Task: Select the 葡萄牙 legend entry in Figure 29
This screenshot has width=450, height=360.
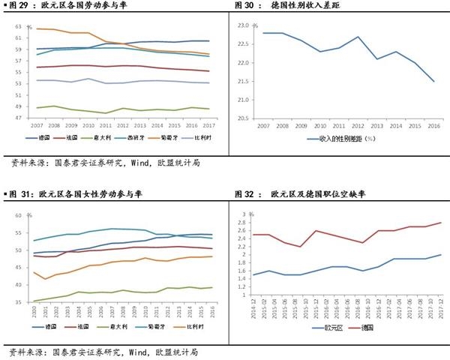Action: coord(158,138)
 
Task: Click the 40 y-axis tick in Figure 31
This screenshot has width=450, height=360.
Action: coord(18,285)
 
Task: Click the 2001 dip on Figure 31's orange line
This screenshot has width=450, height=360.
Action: coord(46,279)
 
